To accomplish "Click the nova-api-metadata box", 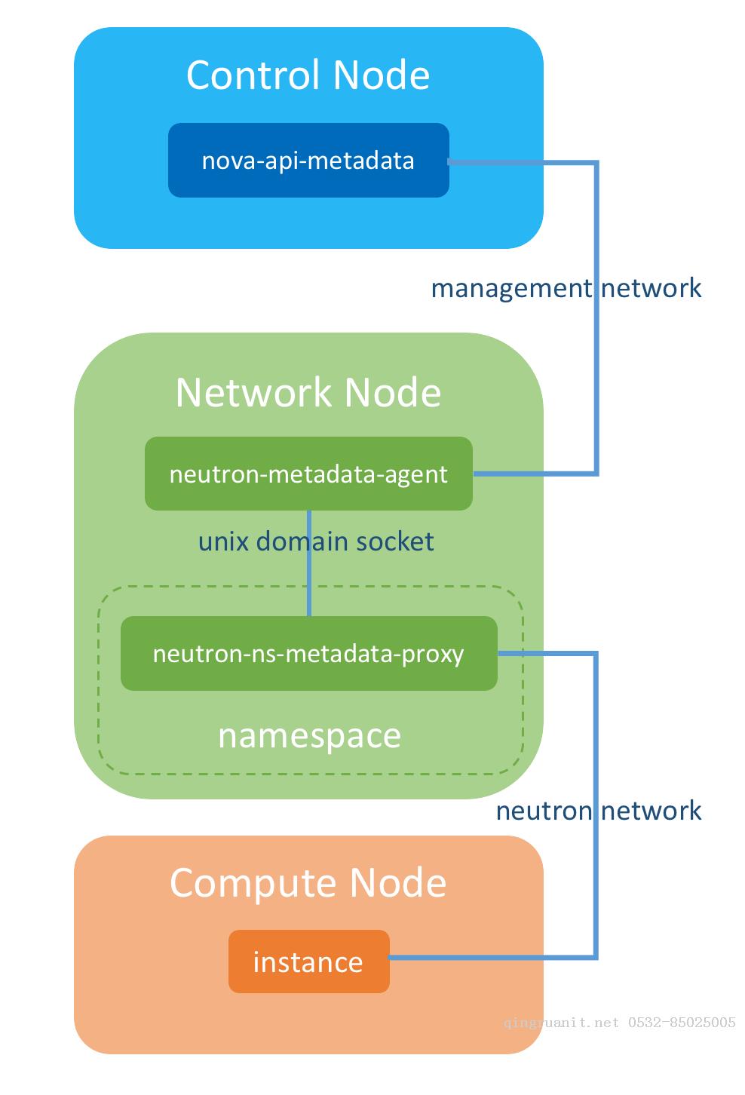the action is (x=308, y=161).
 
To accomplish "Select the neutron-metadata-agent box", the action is (x=308, y=474).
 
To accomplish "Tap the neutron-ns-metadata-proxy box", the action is (x=309, y=654).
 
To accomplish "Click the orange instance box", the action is (x=309, y=962).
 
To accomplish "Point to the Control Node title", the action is (x=308, y=75).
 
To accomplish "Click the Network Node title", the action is (x=308, y=393).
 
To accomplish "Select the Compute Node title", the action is (x=308, y=884).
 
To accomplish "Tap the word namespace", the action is (x=309, y=736).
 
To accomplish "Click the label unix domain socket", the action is (x=316, y=541).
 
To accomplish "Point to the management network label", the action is (x=566, y=288).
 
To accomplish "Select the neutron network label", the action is (x=599, y=811).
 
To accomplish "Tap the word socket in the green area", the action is (x=395, y=541).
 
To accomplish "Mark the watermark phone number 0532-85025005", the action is (x=682, y=1022).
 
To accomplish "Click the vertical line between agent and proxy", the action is (x=309, y=563).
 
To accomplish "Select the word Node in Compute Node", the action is (x=398, y=883).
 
